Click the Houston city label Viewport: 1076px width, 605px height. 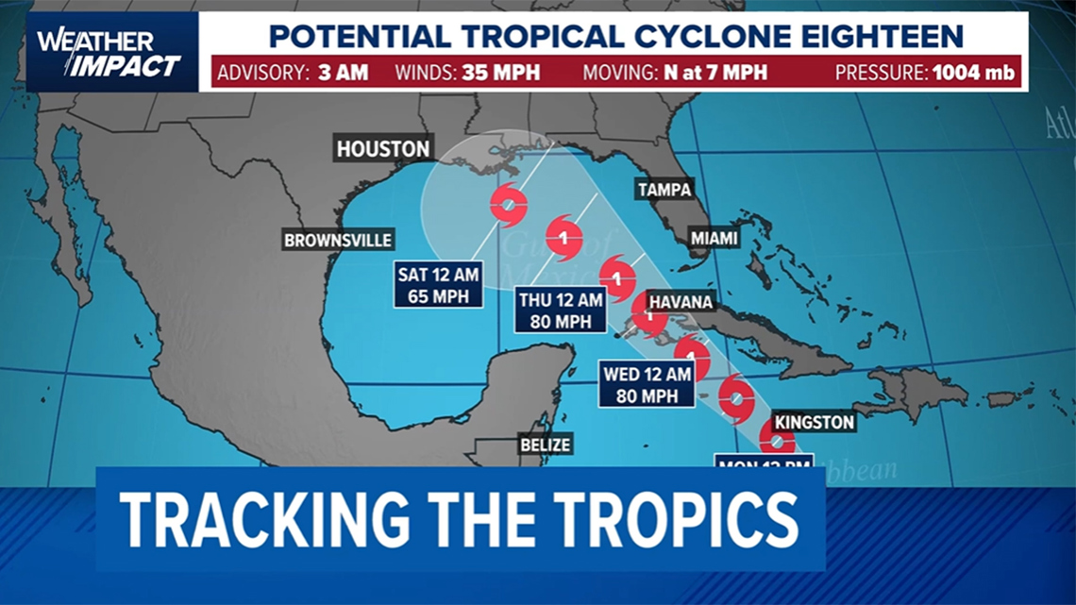384,149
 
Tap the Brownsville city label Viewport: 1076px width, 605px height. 339,241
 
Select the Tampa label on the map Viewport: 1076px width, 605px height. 664,189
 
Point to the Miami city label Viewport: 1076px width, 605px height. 714,239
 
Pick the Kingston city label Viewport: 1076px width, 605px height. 814,422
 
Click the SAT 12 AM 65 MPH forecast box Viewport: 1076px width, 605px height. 439,284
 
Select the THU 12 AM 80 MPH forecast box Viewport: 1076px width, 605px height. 560,311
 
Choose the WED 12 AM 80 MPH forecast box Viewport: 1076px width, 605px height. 647,384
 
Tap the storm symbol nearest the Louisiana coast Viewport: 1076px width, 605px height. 509,204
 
